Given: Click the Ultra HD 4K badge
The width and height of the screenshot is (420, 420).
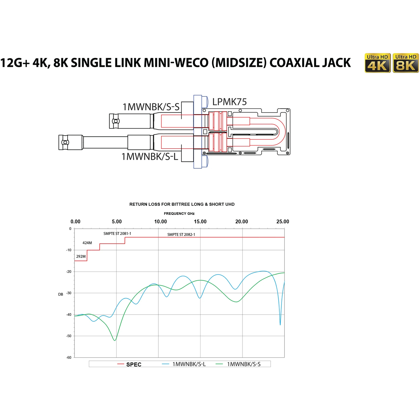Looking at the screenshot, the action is tap(377, 63).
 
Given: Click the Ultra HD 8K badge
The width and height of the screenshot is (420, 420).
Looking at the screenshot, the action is tap(406, 63).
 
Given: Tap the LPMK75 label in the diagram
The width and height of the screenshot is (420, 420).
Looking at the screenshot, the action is tap(229, 102).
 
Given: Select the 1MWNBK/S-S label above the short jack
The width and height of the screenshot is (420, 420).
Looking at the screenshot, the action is tap(151, 107).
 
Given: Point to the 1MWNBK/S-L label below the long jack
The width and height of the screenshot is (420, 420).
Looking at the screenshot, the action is tap(150, 157).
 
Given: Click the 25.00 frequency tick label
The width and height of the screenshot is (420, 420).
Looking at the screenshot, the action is tap(283, 221).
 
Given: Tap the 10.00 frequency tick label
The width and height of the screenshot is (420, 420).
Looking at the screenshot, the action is tap(160, 221).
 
